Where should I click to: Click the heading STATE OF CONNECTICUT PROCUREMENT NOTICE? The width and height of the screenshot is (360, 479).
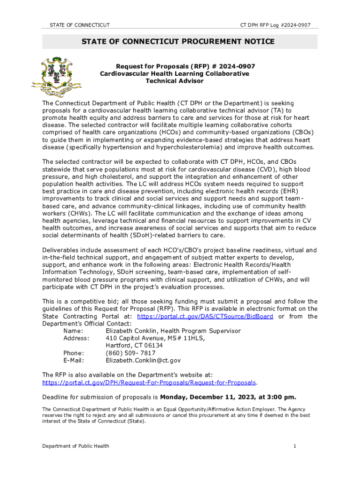pos(178,42)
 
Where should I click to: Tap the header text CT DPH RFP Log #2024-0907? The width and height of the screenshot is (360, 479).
pos(275,25)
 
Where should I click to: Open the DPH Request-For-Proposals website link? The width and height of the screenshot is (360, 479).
pos(149,382)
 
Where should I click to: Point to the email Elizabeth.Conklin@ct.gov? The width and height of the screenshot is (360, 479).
pos(143,361)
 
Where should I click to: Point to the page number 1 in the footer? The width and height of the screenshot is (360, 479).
pos(295,446)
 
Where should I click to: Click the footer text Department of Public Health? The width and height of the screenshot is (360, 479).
pos(76,446)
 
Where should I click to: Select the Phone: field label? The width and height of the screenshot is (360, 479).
pos(74,353)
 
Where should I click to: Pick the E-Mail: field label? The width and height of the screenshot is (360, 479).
pos(73,361)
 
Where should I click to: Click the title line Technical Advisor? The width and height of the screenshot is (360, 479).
pos(174,81)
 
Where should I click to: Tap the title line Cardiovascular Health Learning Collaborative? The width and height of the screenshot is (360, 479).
pos(174,73)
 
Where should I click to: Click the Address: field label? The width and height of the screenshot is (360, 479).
pos(76,338)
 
